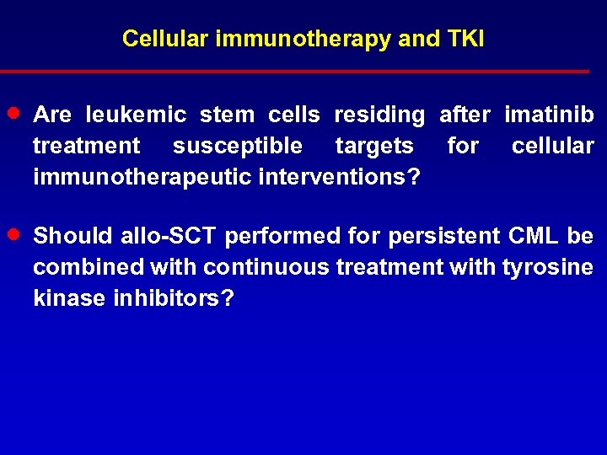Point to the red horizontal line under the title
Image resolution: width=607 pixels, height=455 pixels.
click(x=295, y=72)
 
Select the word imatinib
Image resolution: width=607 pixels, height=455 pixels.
click(x=549, y=115)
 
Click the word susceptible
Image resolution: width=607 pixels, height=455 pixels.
click(x=237, y=146)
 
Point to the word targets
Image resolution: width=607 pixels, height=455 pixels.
click(x=373, y=146)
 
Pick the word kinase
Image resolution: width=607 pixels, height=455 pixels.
click(x=67, y=298)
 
